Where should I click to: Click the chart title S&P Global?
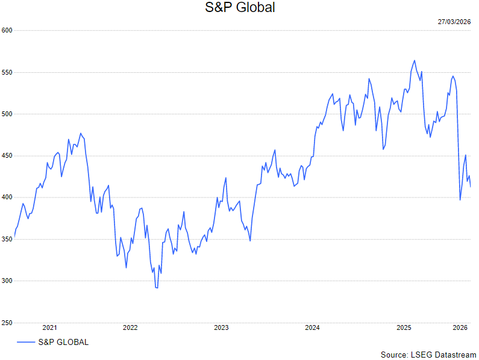pyautogui.click(x=240, y=8)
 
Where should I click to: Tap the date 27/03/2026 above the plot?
pyautogui.click(x=454, y=22)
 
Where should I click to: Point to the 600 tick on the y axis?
pyautogui.click(x=7, y=30)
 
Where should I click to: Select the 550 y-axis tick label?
pyautogui.click(x=7, y=72)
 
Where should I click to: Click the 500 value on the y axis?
pyautogui.click(x=7, y=114)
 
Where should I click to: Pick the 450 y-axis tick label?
pyautogui.click(x=7, y=156)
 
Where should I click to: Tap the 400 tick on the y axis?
pyautogui.click(x=7, y=197)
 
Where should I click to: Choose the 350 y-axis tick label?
pyautogui.click(x=7, y=240)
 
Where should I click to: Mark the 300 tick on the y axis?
pyautogui.click(x=7, y=281)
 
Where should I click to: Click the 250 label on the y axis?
pyautogui.click(x=7, y=323)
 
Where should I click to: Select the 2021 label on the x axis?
pyautogui.click(x=49, y=328)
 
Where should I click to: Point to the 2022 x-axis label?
pyautogui.click(x=130, y=328)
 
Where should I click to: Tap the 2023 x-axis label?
pyautogui.click(x=221, y=328)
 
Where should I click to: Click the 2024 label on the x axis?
pyautogui.click(x=312, y=328)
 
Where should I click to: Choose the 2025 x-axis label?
pyautogui.click(x=404, y=328)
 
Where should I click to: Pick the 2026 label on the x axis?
pyautogui.click(x=460, y=328)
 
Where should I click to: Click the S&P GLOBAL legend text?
pyautogui.click(x=63, y=343)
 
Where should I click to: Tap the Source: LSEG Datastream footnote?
pyautogui.click(x=428, y=355)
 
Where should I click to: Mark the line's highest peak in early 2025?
pyautogui.click(x=415, y=60)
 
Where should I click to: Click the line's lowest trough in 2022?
pyautogui.click(x=157, y=288)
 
